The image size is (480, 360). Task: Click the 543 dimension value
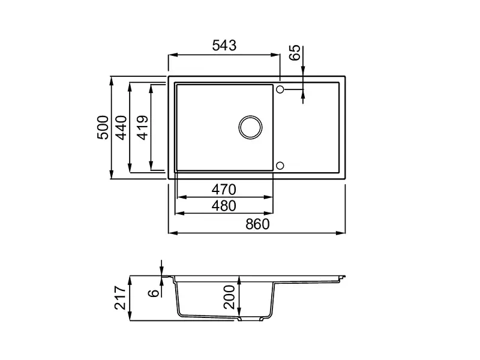point(224,46)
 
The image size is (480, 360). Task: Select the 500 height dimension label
point(103,128)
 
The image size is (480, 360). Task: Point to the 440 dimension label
point(122,128)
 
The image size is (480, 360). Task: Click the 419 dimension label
point(143,128)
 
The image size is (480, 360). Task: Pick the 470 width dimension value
point(224,190)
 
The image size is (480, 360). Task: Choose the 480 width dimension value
point(224,206)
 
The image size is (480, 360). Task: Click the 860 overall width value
point(257,224)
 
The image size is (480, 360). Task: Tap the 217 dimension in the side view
point(119,298)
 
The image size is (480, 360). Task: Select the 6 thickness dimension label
point(154,293)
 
